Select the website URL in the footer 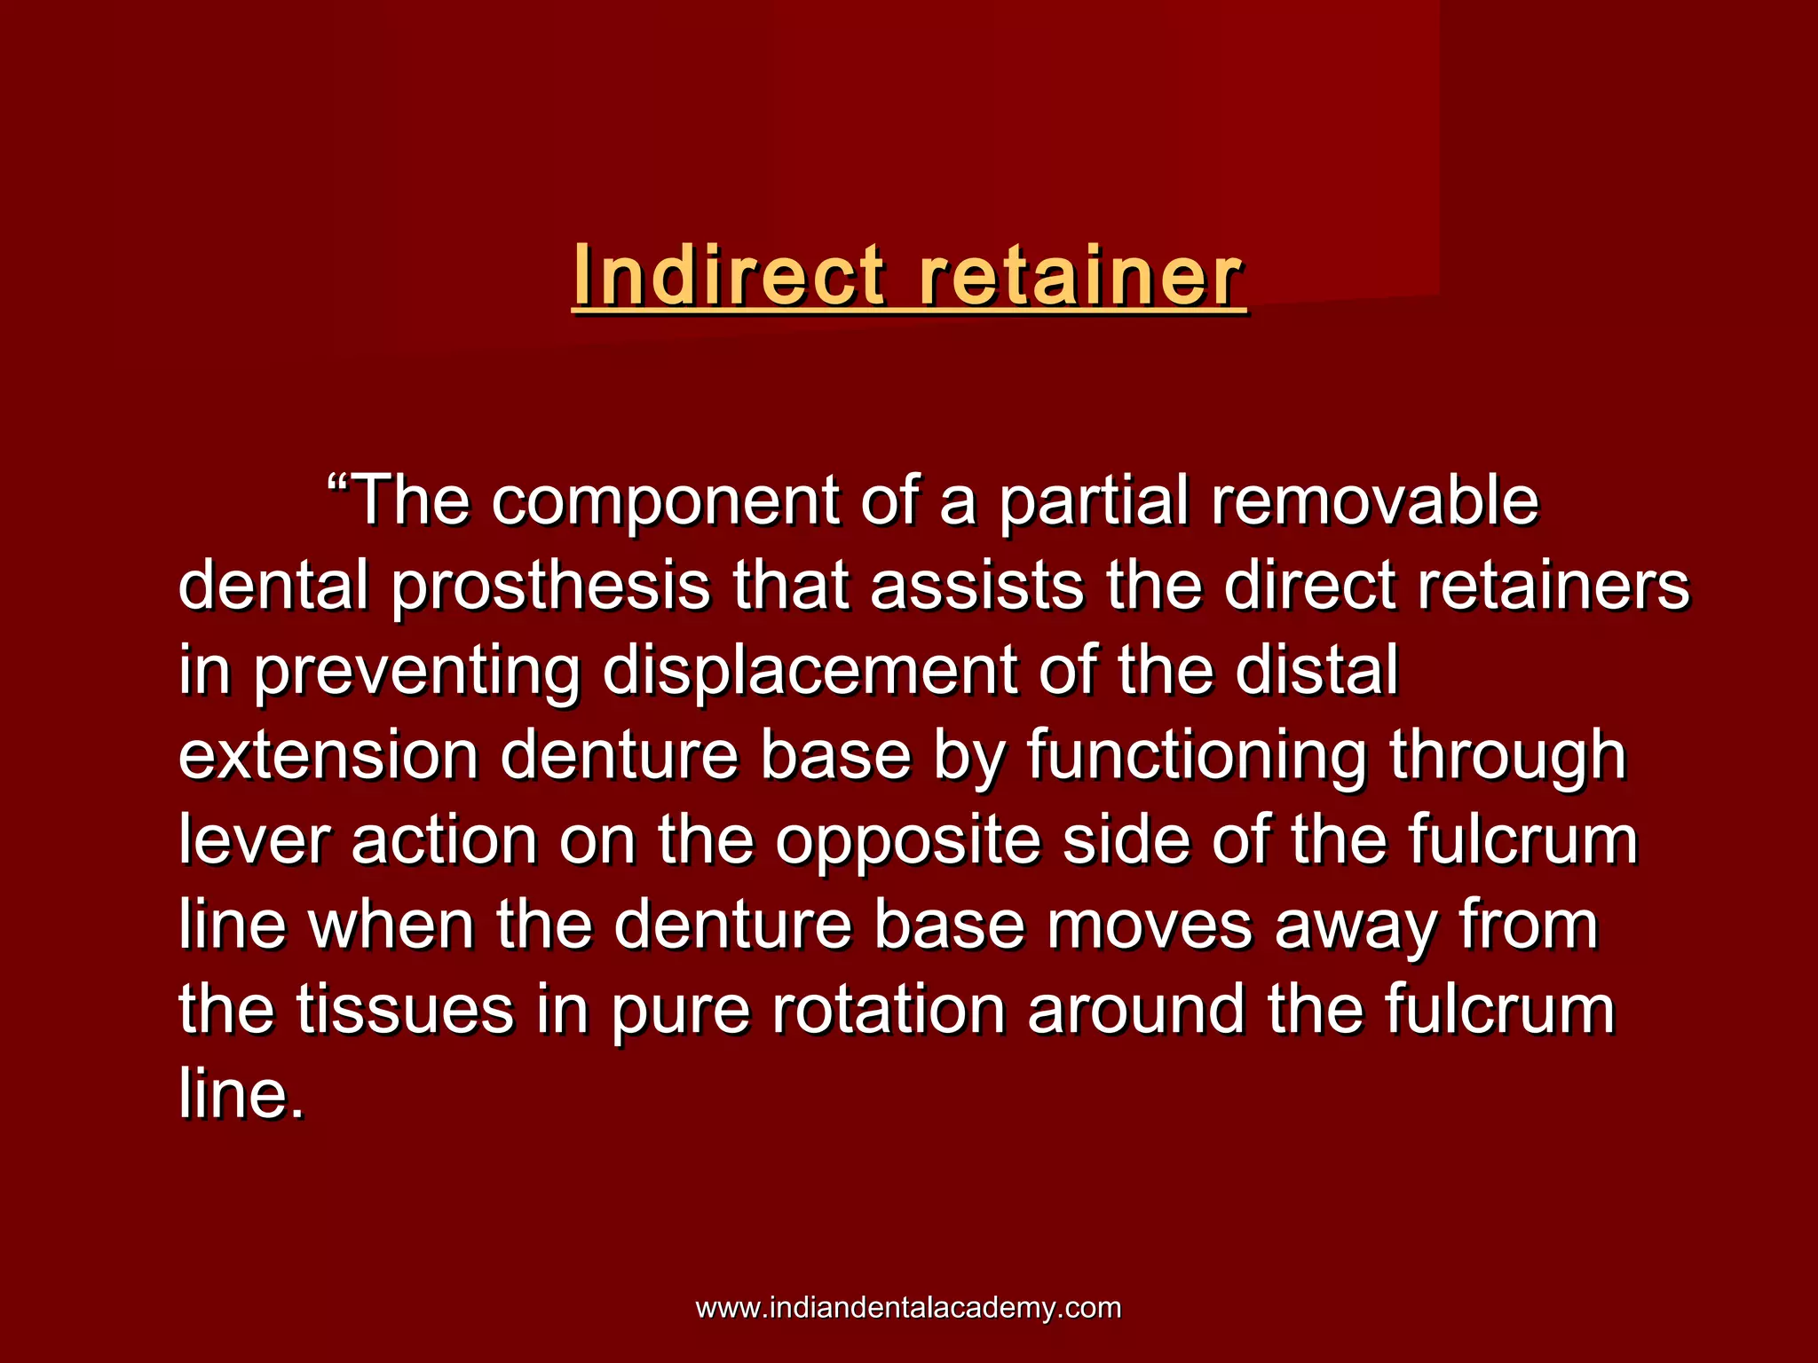[908, 1307]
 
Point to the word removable [1375, 502]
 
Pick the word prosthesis [550, 587]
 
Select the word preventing [417, 672]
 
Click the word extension [328, 756]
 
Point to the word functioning [1198, 757]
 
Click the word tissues [405, 1010]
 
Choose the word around [1136, 1010]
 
